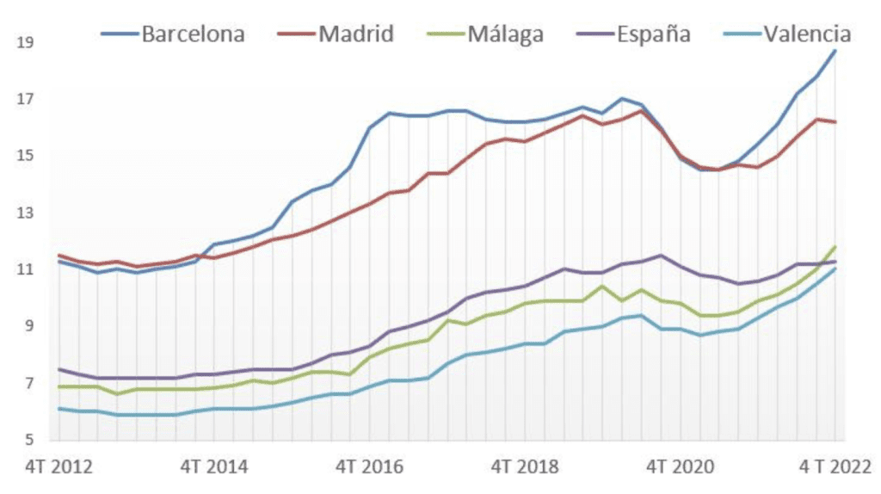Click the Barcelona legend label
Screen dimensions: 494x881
[194, 34]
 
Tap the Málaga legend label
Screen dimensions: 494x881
[505, 34]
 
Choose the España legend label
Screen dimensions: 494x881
[653, 34]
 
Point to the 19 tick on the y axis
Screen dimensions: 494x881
[24, 41]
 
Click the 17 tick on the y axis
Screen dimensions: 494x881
[24, 99]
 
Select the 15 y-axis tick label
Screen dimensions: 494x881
[24, 156]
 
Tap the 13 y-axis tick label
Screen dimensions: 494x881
[24, 213]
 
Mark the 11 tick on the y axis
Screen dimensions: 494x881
[24, 269]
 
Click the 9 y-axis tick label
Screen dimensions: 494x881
[28, 326]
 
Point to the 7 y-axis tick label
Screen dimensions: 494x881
[28, 383]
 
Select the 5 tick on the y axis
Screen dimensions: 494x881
[28, 441]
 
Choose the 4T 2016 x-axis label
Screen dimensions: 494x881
[368, 467]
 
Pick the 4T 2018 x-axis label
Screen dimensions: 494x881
[523, 467]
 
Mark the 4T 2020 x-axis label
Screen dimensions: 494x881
[679, 467]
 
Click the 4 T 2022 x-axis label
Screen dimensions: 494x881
[833, 467]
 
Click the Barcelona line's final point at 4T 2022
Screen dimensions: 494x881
[835, 51]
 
